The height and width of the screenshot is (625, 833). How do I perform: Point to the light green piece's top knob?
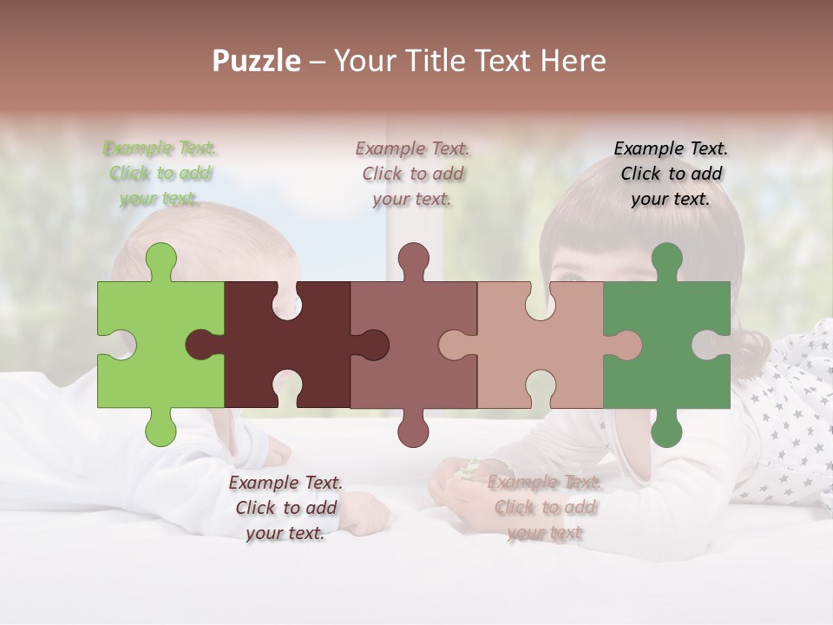[x=160, y=260]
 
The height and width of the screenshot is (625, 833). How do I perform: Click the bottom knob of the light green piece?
[x=160, y=429]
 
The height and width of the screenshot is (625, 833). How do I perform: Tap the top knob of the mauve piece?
[x=413, y=260]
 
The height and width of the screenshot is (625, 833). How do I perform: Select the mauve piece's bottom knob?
[x=413, y=429]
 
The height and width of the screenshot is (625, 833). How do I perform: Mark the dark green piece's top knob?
[x=666, y=260]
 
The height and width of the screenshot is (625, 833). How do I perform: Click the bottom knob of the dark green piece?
[x=666, y=429]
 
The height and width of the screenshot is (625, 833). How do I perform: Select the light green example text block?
[x=161, y=174]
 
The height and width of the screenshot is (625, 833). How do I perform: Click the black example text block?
[x=671, y=174]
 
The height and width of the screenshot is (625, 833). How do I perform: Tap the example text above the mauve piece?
[x=413, y=174]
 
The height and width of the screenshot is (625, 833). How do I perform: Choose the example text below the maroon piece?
[x=285, y=508]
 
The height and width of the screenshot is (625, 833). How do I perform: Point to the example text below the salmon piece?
[x=544, y=508]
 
